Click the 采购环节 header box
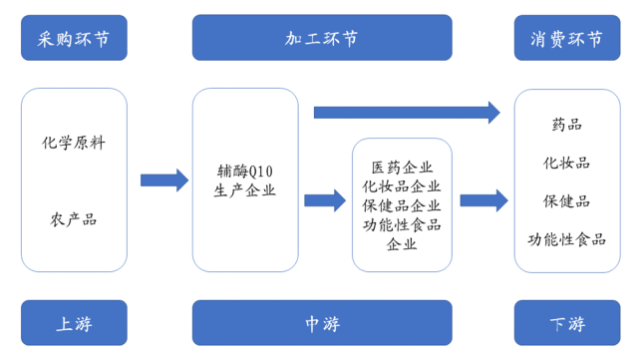[74, 39]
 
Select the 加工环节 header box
[321, 39]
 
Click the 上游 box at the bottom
[74, 323]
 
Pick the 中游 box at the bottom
[321, 323]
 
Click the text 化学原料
[74, 143]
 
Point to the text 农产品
[74, 219]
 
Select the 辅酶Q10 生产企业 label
[245, 180]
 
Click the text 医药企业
[402, 167]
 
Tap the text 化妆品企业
[402, 185]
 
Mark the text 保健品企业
[402, 204]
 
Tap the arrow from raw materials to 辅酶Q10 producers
[163, 180]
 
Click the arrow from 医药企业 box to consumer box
[484, 200]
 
